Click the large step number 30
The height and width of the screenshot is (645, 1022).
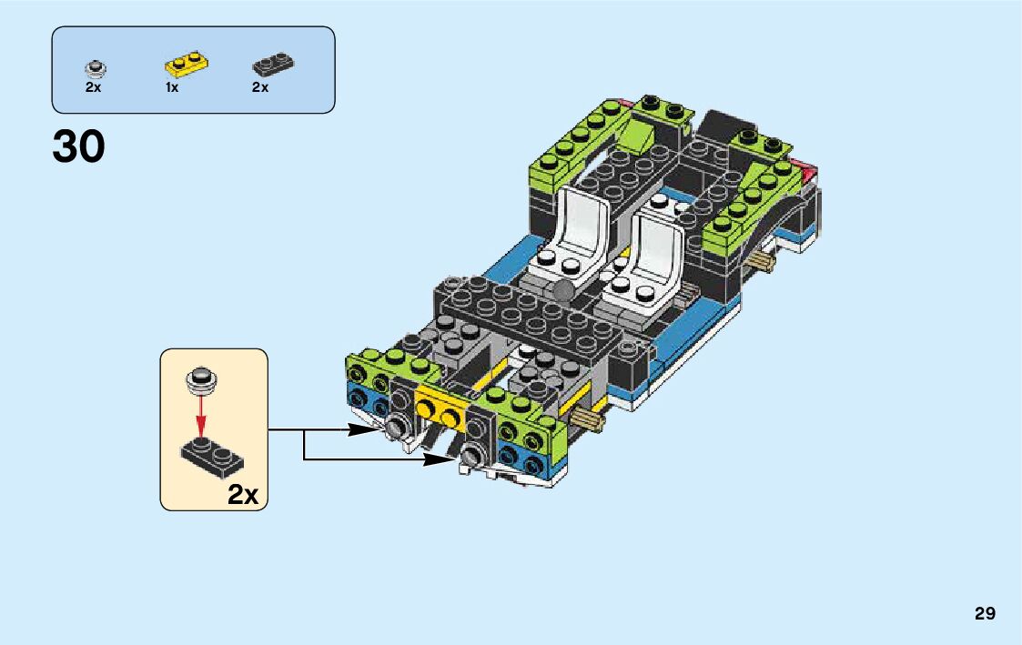coord(78,147)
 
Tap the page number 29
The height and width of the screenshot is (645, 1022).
coord(985,613)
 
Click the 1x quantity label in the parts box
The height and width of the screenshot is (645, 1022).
coord(172,88)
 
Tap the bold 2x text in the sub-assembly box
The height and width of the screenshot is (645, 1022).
coord(244,495)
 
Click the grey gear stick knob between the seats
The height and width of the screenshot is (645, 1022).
coord(565,291)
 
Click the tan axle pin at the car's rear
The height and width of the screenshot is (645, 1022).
coord(764,262)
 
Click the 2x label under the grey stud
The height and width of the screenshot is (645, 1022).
coord(94,88)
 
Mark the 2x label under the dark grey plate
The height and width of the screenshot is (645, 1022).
coord(260,88)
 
